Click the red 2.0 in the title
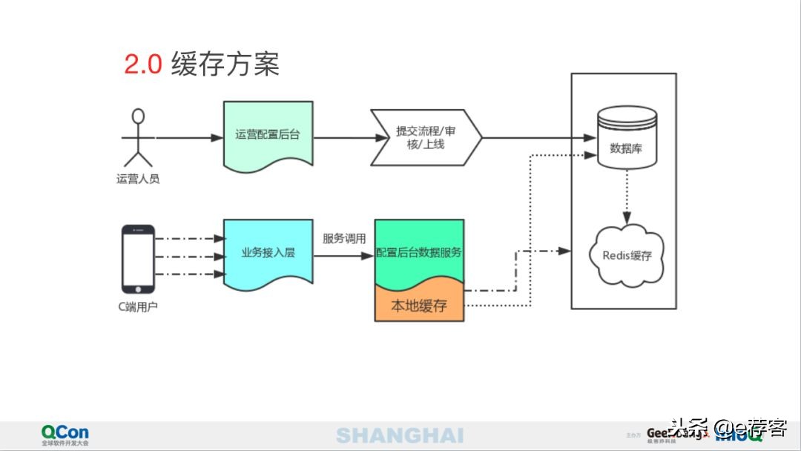[142, 65]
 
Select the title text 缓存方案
[225, 65]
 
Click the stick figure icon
[137, 137]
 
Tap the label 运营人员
[138, 179]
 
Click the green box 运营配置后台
[268, 135]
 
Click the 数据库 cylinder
[626, 139]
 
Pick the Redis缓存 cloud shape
[627, 256]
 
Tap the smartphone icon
[138, 258]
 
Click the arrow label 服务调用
[344, 239]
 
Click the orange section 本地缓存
[419, 305]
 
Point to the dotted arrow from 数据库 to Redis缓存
[627, 194]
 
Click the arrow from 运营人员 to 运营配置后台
[189, 138]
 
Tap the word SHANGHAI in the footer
[400, 435]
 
